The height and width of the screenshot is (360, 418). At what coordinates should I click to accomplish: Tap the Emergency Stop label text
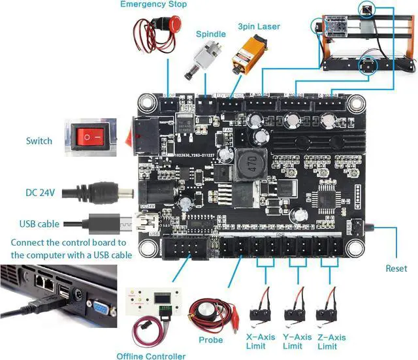tap(153, 5)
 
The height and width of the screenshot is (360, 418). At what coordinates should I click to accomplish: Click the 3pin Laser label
tap(259, 27)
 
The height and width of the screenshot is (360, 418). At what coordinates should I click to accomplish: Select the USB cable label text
tap(39, 224)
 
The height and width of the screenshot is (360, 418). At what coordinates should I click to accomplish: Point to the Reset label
tap(396, 269)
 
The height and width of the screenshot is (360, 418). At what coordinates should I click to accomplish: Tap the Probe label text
tap(210, 340)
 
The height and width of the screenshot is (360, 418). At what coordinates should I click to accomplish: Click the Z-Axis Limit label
tap(332, 340)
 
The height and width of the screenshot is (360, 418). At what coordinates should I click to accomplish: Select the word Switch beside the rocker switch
tap(39, 141)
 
